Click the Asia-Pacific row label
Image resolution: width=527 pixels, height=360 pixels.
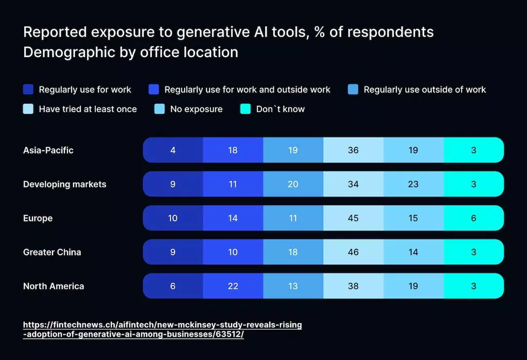point(48,150)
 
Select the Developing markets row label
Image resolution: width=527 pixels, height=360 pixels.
point(65,184)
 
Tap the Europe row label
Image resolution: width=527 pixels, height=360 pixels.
point(38,218)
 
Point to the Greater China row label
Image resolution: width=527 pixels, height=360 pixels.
point(52,252)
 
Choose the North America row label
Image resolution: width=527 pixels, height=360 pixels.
point(54,286)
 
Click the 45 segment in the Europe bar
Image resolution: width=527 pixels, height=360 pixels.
point(353,218)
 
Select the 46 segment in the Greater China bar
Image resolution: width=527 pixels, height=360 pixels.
point(353,252)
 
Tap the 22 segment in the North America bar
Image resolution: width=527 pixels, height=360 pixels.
point(233,286)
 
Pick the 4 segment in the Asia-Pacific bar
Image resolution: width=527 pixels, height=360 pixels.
point(173,150)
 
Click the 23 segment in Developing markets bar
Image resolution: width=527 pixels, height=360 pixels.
point(413,184)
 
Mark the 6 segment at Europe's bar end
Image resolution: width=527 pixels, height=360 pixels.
point(473,218)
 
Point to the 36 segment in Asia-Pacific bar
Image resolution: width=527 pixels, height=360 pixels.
point(353,150)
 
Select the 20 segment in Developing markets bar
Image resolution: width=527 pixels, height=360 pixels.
point(293,184)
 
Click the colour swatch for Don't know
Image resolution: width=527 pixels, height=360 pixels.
point(245,109)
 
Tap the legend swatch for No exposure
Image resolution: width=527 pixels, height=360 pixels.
point(160,109)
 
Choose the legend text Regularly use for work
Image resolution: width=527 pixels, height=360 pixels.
point(85,90)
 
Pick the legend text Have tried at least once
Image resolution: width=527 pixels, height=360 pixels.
point(88,109)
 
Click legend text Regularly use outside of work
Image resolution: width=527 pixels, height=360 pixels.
point(425,90)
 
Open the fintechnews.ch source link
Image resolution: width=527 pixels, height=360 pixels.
point(163,330)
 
